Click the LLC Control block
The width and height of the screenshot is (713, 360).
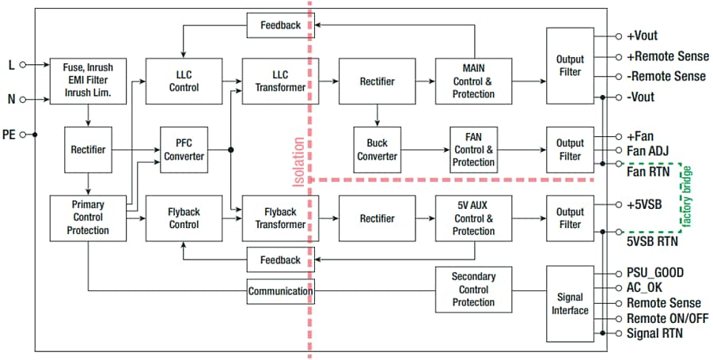(184, 81)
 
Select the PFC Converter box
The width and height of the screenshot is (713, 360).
(184, 150)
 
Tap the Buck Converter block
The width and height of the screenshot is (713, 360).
(377, 150)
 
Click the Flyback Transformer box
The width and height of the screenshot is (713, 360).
(274, 218)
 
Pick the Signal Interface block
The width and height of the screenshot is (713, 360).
(570, 304)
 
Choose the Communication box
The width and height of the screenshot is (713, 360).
(280, 291)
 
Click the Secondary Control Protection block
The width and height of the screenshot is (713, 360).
(472, 290)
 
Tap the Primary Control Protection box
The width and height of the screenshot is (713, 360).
(87, 218)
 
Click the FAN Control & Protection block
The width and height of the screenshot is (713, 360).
(472, 150)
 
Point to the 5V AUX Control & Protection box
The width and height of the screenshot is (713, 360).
(472, 218)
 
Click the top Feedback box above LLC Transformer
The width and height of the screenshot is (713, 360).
(280, 25)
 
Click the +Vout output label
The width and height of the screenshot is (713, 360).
(642, 36)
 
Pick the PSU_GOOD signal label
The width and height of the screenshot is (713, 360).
(655, 273)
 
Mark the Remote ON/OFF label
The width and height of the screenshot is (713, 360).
(667, 318)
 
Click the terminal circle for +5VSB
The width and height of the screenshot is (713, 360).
(618, 204)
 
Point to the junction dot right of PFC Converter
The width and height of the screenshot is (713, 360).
(230, 150)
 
